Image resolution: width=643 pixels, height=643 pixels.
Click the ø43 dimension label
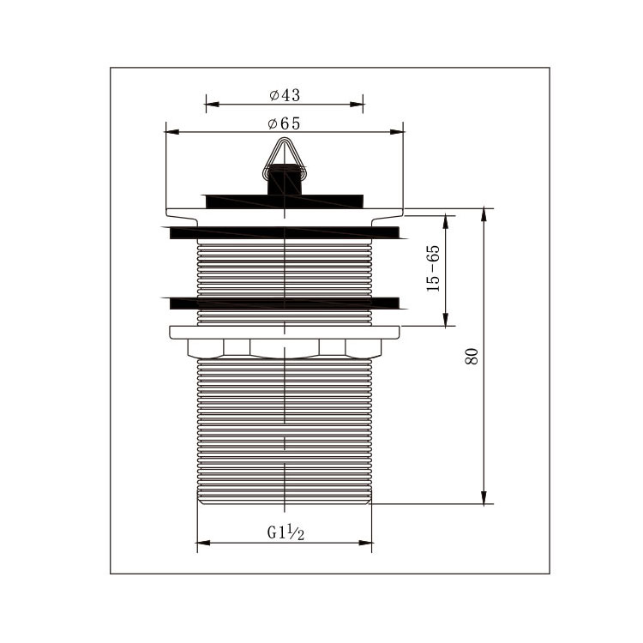point(285,95)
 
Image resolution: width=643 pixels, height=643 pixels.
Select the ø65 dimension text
point(284,123)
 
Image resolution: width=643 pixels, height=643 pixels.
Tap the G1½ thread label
point(285,532)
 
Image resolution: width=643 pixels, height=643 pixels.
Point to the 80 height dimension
point(472,356)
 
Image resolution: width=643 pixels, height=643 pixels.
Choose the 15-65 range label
point(433,268)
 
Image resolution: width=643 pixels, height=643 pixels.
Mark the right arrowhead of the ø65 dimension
point(397,132)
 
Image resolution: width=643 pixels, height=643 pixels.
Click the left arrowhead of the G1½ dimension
point(204,543)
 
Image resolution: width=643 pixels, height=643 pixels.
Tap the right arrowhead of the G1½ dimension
point(365,543)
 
